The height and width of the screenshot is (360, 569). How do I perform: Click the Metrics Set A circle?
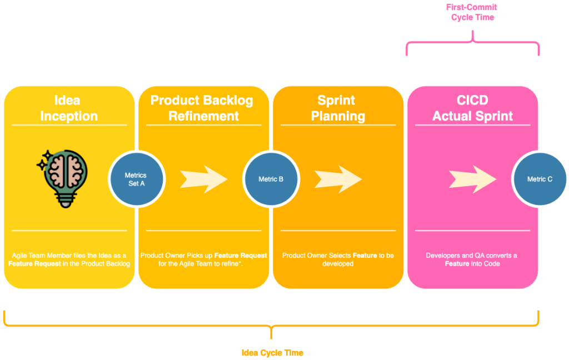coord(136,179)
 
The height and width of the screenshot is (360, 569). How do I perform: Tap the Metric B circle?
coord(271,179)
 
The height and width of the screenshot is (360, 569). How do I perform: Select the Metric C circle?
coord(540,179)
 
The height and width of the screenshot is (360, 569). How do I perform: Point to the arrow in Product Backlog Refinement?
coord(203,179)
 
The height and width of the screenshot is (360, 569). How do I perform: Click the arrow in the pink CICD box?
coord(472,179)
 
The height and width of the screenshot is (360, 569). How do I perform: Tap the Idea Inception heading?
coord(68,108)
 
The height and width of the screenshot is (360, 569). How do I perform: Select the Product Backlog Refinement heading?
coord(203,108)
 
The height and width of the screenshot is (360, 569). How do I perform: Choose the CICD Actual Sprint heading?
coord(472,108)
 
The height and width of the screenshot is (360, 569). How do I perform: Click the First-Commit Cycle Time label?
coord(472,12)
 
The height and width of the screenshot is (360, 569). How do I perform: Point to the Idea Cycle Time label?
coord(272,353)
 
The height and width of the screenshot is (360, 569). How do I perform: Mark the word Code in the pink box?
coord(492,263)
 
